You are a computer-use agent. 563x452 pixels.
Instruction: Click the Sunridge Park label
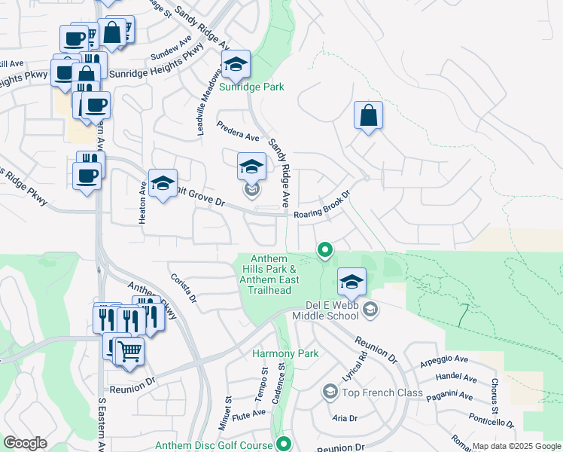tap(252, 87)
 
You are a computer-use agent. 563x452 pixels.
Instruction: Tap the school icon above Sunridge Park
tap(236, 65)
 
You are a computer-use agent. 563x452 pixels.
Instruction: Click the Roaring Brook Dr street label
tap(323, 207)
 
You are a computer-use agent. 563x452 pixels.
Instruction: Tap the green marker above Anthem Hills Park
tap(325, 249)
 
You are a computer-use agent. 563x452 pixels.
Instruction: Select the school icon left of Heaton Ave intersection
tap(163, 183)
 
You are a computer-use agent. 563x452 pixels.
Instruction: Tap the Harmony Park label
tap(285, 353)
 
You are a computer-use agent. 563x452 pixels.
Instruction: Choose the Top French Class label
tap(373, 392)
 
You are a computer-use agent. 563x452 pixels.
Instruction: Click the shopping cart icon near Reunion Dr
tap(129, 350)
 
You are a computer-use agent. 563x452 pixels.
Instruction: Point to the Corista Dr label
tap(183, 288)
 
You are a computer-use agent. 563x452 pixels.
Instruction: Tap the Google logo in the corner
tap(25, 443)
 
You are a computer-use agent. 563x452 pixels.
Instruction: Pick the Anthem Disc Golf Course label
tap(213, 446)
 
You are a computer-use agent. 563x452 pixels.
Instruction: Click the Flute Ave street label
tap(249, 414)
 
